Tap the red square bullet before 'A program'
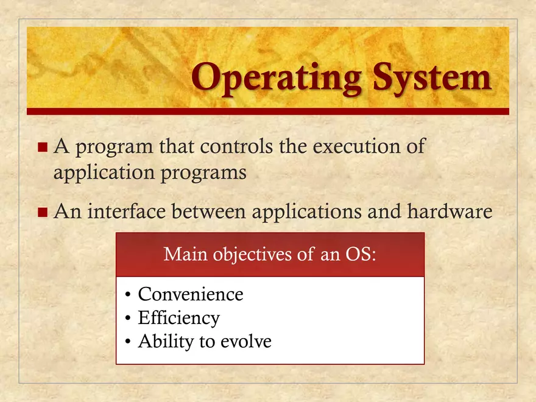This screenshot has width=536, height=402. point(42,147)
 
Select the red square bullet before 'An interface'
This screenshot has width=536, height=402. point(42,213)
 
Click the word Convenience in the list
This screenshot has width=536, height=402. point(191,294)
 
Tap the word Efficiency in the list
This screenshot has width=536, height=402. point(178,318)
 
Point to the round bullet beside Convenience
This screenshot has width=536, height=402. point(127,295)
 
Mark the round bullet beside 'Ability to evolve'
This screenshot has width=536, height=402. point(127,342)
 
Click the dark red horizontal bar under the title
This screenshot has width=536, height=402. point(268,111)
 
